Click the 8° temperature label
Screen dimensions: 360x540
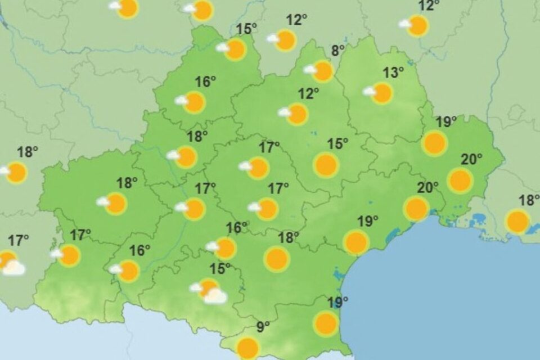[x=337, y=50]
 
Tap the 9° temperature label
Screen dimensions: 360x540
[x=263, y=326]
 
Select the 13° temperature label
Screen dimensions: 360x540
[x=394, y=72]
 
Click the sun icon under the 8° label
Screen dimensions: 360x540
[x=323, y=71]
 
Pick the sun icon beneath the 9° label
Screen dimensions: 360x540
[x=248, y=348]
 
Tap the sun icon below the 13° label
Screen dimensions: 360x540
[x=382, y=93]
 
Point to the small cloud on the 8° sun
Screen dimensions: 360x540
[x=310, y=70]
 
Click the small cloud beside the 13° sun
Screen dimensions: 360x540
[x=370, y=91]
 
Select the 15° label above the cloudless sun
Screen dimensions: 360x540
[x=339, y=144]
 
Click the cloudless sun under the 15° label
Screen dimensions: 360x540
[x=326, y=165]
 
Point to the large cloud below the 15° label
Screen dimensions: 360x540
[x=215, y=296]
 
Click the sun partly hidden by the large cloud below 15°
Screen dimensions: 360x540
[x=208, y=287]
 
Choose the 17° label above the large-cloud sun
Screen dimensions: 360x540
[x=19, y=241]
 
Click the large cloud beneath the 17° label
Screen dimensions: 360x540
[x=13, y=268]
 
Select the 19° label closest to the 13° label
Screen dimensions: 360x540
[x=447, y=121]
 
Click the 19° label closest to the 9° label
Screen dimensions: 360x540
[x=337, y=303]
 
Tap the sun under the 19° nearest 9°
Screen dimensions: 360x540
[x=326, y=324]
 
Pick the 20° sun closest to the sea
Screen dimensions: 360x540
[x=416, y=209]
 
